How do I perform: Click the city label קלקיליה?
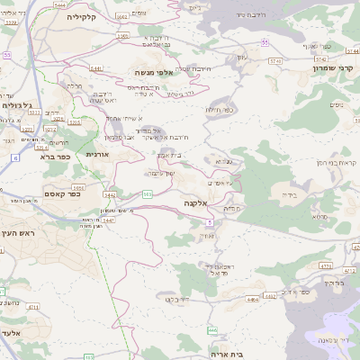68,16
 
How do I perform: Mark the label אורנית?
97,154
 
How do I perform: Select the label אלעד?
11,332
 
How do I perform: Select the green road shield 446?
211,331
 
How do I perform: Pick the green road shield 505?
147,193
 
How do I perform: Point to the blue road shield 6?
15,157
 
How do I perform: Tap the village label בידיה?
288,193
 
